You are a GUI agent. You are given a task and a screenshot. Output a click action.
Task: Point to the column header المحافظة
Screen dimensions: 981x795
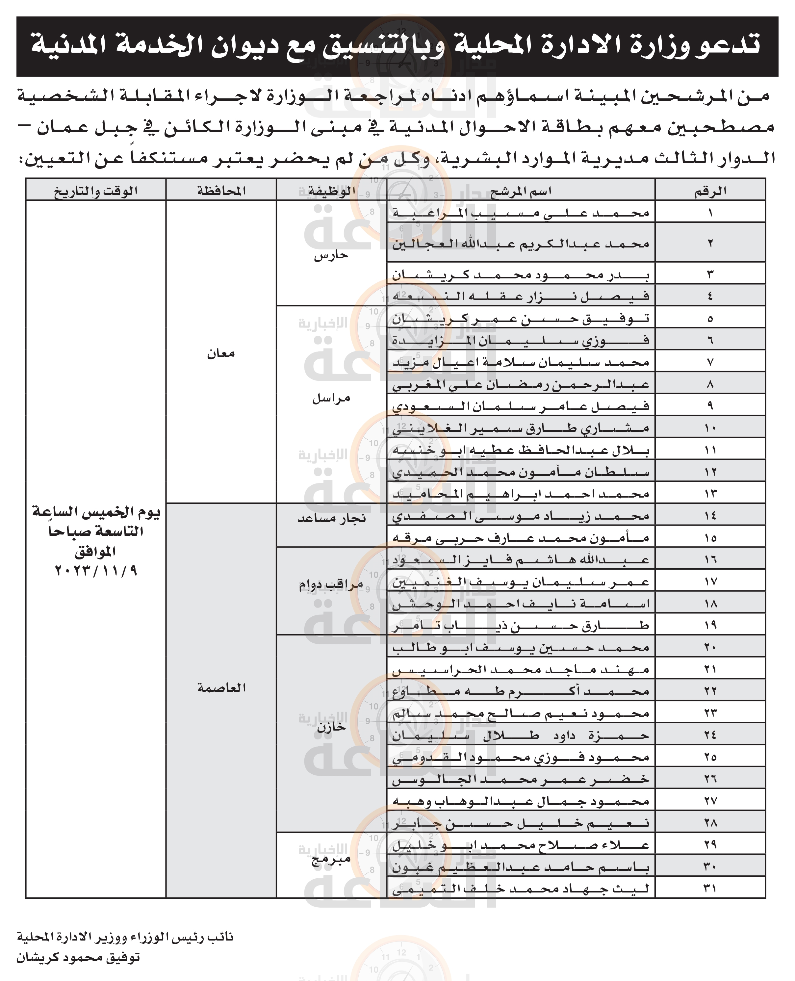point(221,191)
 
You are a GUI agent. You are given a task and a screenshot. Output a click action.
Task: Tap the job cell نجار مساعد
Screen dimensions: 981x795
point(332,518)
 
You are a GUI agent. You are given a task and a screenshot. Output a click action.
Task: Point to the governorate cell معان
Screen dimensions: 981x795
point(221,353)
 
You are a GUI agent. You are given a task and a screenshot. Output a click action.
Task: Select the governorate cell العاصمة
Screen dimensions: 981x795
point(221,687)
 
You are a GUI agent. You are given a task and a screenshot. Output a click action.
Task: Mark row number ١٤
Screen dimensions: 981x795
point(710,516)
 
